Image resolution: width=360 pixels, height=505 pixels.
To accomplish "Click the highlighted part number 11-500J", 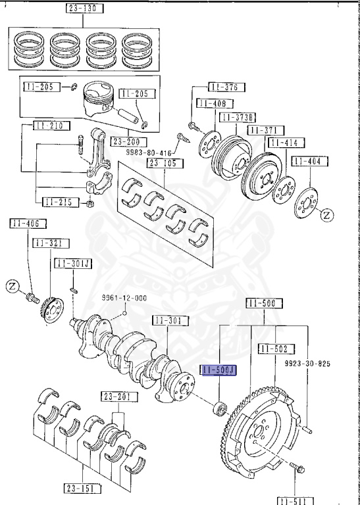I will (218, 372).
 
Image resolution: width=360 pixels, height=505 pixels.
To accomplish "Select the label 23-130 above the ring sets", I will (85, 9).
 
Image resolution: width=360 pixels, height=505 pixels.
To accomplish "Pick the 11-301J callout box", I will (74, 263).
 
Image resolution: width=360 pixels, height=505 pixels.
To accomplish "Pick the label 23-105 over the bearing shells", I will (161, 163).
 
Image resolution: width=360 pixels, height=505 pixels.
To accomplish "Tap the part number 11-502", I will (276, 348).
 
